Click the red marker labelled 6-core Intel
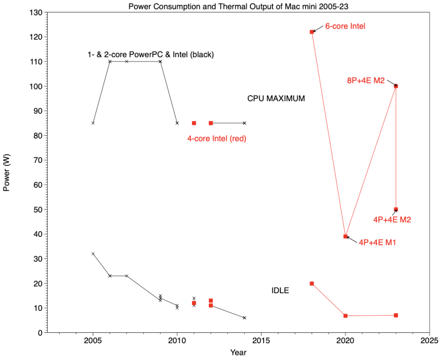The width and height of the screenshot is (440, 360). (x=312, y=32)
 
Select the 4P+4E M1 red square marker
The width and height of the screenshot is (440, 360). (x=345, y=236)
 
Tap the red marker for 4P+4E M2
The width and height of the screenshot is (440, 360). (x=396, y=209)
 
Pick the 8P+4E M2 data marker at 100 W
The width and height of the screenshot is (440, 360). (x=396, y=86)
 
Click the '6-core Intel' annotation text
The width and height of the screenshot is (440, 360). (x=345, y=27)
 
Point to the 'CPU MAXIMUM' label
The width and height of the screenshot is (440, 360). (x=276, y=99)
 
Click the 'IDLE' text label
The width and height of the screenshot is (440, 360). (x=280, y=291)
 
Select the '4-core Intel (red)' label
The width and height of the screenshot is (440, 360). (x=217, y=139)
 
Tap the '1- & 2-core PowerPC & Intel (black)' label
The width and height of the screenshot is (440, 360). (x=150, y=55)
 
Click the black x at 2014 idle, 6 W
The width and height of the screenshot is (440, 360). (x=244, y=318)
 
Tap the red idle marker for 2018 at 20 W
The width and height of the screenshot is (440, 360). (x=312, y=283)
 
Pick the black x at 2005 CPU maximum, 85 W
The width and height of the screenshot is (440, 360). (x=93, y=123)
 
